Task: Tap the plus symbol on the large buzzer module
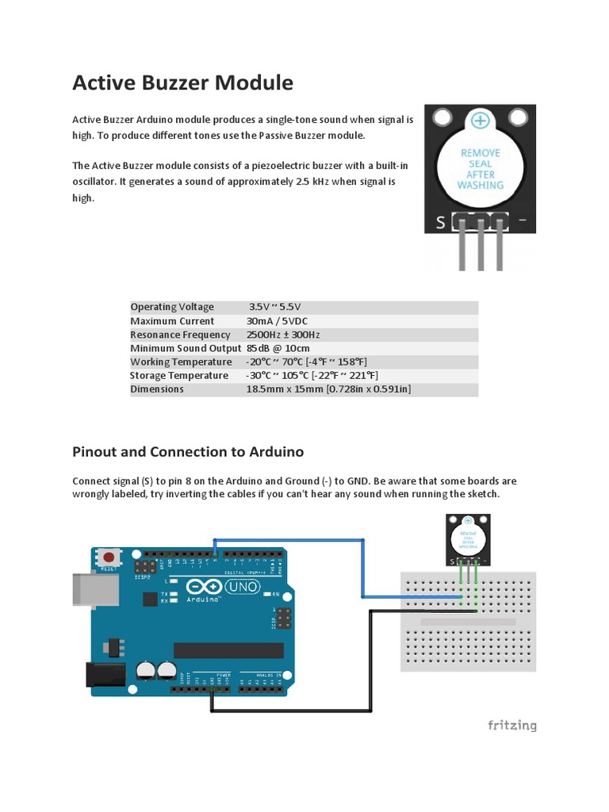[x=480, y=121]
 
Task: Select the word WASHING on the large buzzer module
[x=480, y=186]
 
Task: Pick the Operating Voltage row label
[x=172, y=307]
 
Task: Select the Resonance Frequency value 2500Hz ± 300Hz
[x=283, y=335]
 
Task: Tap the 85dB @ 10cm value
[x=278, y=348]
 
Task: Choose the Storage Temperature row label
[x=179, y=375]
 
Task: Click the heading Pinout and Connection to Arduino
[x=188, y=452]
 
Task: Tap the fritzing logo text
[x=511, y=725]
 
